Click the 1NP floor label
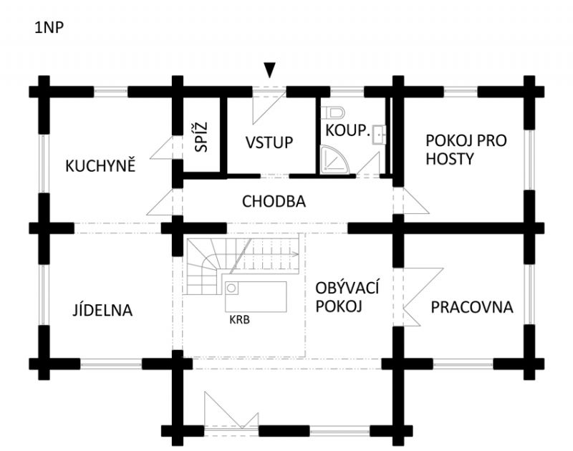(49, 28)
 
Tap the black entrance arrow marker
(269, 70)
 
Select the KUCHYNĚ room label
(100, 166)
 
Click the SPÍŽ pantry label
(201, 137)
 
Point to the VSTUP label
(269, 142)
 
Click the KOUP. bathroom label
(348, 130)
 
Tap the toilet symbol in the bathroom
(332, 112)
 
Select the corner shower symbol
(334, 160)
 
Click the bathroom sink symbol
(379, 135)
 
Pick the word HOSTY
(450, 159)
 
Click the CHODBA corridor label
(274, 201)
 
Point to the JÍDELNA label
(102, 310)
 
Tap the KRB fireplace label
(240, 320)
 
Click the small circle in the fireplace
(231, 288)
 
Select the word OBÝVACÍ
(347, 288)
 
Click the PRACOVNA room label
(472, 307)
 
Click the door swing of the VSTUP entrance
(269, 107)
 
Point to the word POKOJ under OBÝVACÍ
(339, 306)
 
